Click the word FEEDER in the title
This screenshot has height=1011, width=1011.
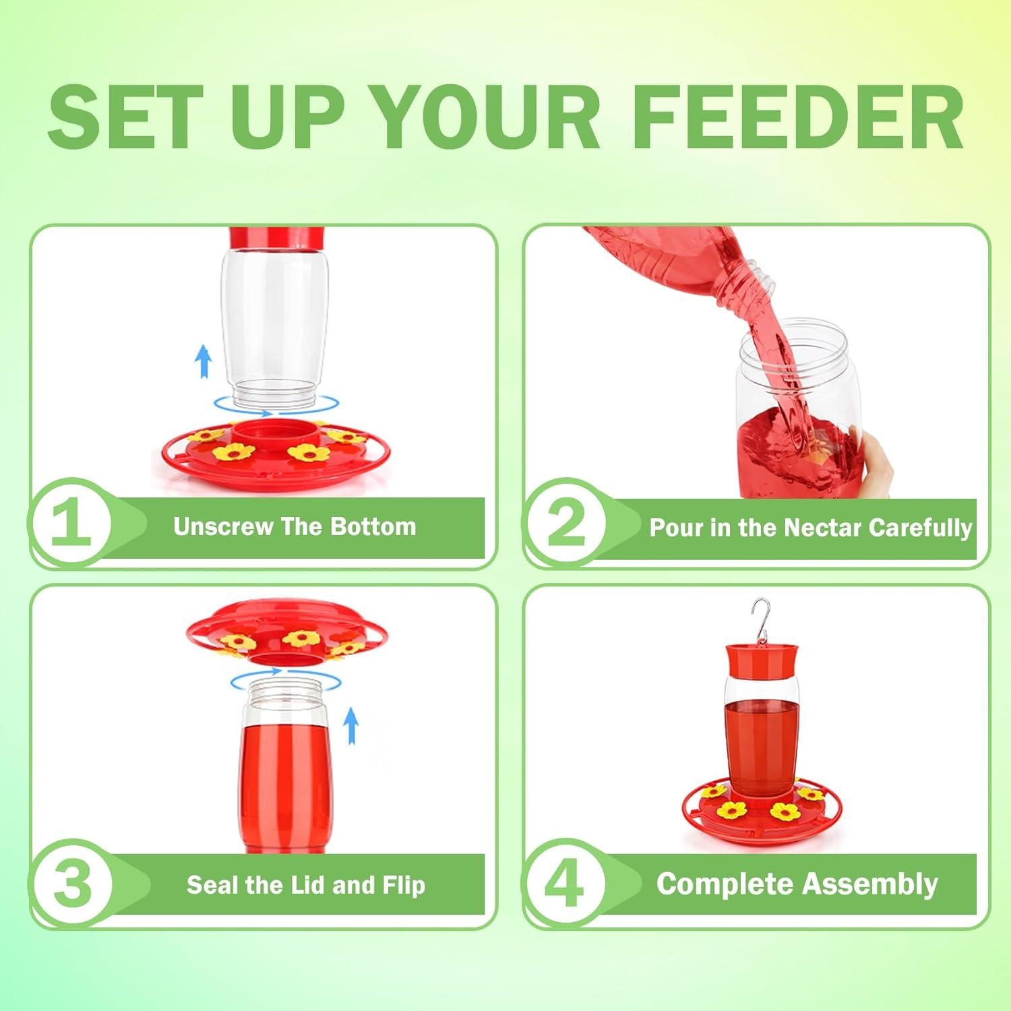point(799,117)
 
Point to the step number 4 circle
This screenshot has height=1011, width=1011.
point(565,883)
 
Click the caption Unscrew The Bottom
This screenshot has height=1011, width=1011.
point(295,526)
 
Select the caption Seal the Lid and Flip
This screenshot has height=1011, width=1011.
point(306,884)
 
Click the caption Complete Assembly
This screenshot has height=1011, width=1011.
point(797,884)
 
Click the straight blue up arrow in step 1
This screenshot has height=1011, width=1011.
point(203,361)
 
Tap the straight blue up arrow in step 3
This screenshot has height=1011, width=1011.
point(350,727)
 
